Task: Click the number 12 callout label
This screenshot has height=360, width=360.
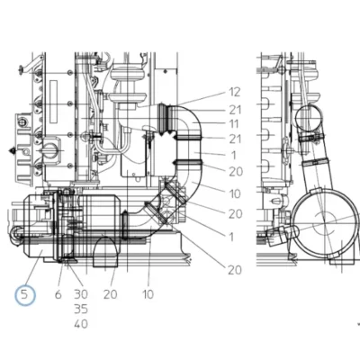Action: click(x=235, y=93)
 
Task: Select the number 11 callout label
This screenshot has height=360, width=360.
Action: click(x=234, y=124)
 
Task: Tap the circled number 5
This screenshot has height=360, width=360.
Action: click(x=25, y=295)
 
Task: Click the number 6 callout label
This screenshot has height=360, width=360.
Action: click(x=58, y=294)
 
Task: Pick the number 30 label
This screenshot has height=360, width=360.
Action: click(x=81, y=294)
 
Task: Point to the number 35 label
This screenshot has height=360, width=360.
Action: click(x=81, y=309)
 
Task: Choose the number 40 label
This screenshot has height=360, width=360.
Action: click(x=81, y=324)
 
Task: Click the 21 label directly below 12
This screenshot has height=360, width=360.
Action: click(x=235, y=110)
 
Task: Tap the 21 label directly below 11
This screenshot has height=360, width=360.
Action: click(x=235, y=139)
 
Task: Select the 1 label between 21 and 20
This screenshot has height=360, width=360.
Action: click(x=234, y=156)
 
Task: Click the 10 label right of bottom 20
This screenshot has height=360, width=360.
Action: click(x=148, y=294)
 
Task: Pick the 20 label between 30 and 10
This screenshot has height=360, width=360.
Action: click(x=111, y=294)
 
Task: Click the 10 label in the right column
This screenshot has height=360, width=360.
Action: click(x=235, y=193)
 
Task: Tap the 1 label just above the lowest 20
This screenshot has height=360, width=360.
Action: click(x=230, y=237)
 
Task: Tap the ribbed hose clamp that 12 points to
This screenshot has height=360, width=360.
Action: click(x=165, y=118)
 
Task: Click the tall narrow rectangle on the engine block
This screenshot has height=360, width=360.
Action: click(x=54, y=102)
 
